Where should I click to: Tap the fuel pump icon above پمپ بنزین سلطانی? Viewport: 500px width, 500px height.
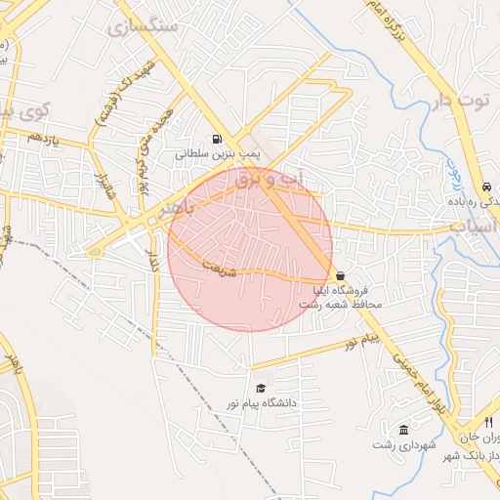pos(216,139)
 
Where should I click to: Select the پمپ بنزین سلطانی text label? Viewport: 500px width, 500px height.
pos(209,154)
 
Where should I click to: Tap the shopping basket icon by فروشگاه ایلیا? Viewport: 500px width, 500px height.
pos(339,275)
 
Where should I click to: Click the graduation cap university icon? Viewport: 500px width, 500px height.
pos(259,388)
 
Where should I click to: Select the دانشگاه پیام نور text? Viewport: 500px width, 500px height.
pos(261,403)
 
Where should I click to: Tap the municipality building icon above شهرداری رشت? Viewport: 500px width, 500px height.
pos(403,430)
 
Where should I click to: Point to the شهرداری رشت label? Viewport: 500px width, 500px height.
pos(401,445)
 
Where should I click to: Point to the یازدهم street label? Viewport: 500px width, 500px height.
pos(44,142)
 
